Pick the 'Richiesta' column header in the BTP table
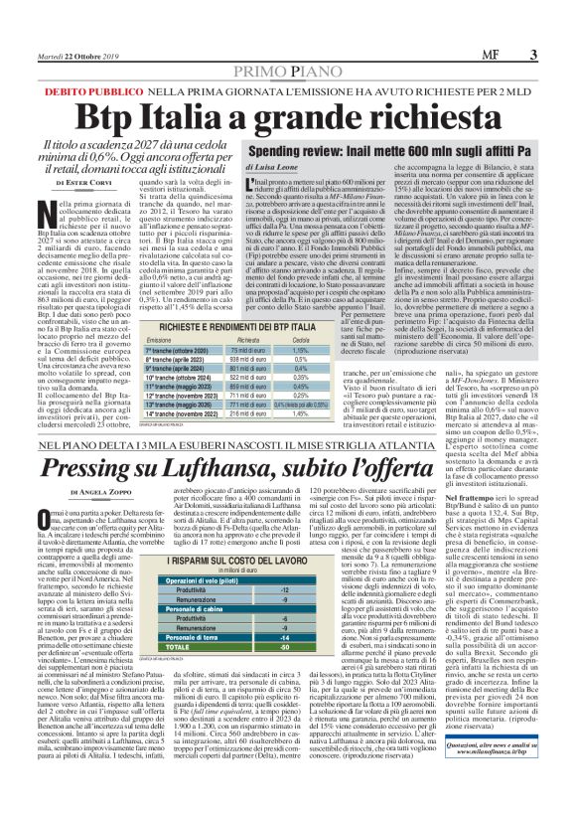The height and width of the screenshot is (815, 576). click(x=249, y=339)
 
